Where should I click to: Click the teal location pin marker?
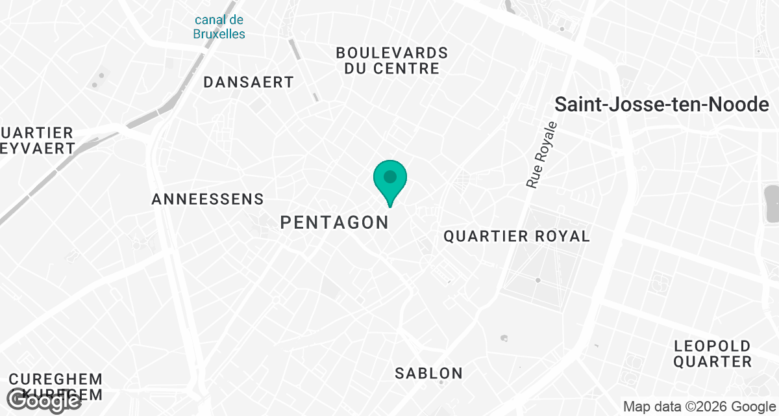pos(389,182)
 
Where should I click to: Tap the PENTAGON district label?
pos(334,222)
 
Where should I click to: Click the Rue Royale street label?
pos(541,155)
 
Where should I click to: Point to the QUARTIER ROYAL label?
pos(517,236)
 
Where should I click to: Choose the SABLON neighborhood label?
pos(429,373)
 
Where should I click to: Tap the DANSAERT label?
pos(249,83)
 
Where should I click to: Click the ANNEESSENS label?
pos(208,199)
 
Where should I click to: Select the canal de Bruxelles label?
pos(219,27)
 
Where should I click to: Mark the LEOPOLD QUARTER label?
pos(712,354)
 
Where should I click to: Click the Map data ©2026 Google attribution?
pos(699,407)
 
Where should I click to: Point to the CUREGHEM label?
pos(56,379)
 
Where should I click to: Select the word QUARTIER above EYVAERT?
pos(37,133)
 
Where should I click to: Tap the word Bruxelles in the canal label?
pos(219,34)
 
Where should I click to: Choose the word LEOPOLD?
pos(712,346)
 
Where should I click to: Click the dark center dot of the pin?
pos(389,176)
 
